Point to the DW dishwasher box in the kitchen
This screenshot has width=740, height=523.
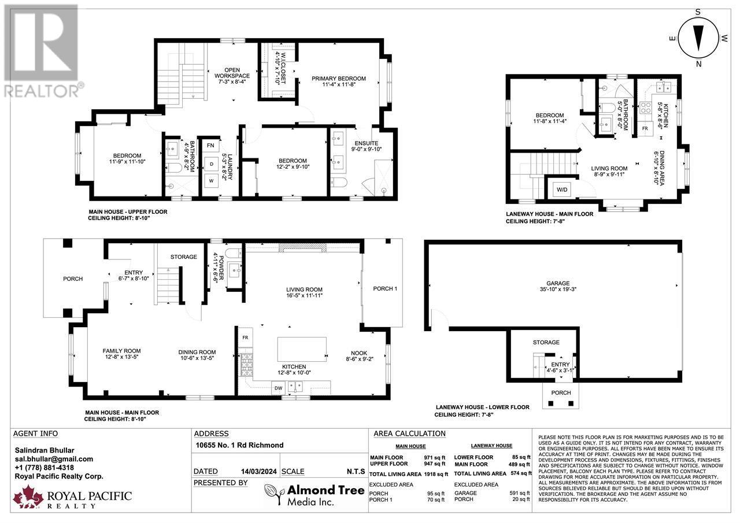(278, 388)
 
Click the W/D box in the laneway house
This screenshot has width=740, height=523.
(561, 189)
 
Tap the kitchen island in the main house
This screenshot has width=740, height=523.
(302, 348)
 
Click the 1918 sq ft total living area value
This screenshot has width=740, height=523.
(435, 473)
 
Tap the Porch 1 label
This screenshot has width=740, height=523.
(386, 288)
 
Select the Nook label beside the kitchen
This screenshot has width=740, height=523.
(359, 354)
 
